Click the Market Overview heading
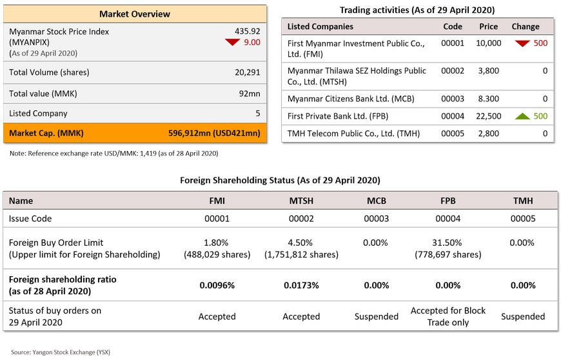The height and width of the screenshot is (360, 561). tap(135, 14)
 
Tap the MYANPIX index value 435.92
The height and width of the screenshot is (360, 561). tap(247, 31)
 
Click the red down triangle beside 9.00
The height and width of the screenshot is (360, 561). tap(233, 42)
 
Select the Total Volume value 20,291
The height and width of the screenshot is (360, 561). tap(247, 72)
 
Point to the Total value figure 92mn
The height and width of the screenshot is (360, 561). tap(250, 94)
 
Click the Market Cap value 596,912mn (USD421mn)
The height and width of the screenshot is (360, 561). tap(214, 134)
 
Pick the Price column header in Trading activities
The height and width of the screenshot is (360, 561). tap(488, 26)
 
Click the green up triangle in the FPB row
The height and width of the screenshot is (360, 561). tap(522, 116)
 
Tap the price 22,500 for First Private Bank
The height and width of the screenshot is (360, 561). tap(488, 116)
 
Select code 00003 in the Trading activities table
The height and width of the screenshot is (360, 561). tap(453, 99)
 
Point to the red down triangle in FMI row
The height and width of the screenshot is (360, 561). tap(522, 43)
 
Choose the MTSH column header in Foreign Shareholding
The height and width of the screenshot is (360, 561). tap(301, 201)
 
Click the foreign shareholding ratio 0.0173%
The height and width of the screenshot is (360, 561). tap(301, 285)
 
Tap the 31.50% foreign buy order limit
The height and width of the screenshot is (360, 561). tap(447, 243)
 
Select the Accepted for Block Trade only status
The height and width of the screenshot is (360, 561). tap(448, 316)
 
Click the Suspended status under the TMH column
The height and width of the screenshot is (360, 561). tap(523, 316)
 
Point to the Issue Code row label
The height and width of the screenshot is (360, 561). tap(30, 219)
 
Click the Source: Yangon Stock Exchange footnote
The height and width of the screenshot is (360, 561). tap(61, 352)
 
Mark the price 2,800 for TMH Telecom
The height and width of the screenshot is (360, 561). tap(488, 134)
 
